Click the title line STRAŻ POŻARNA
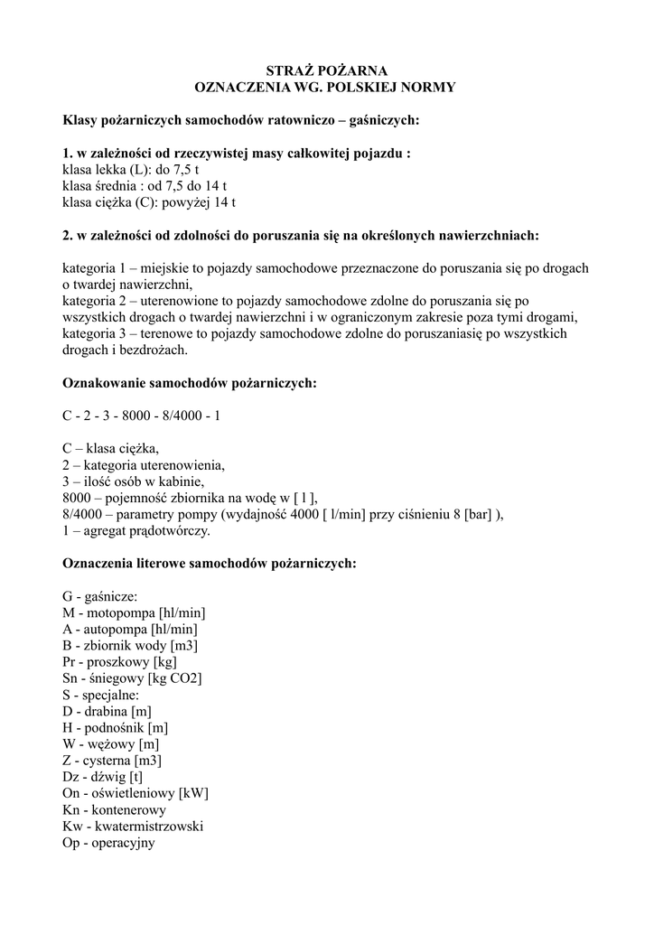(x=326, y=71)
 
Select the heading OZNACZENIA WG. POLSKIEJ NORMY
(x=326, y=89)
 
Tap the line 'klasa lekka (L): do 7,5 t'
(x=130, y=170)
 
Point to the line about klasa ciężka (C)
(x=149, y=202)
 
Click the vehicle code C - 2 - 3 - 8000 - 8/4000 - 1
(x=141, y=416)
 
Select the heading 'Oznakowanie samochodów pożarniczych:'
(x=189, y=383)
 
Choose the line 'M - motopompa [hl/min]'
(x=135, y=613)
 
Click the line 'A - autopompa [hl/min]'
(x=130, y=630)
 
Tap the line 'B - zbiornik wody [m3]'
(x=130, y=646)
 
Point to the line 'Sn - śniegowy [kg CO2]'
(x=132, y=678)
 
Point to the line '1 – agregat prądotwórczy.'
(x=135, y=531)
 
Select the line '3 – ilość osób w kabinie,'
(x=133, y=481)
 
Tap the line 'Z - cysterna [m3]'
(x=112, y=761)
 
